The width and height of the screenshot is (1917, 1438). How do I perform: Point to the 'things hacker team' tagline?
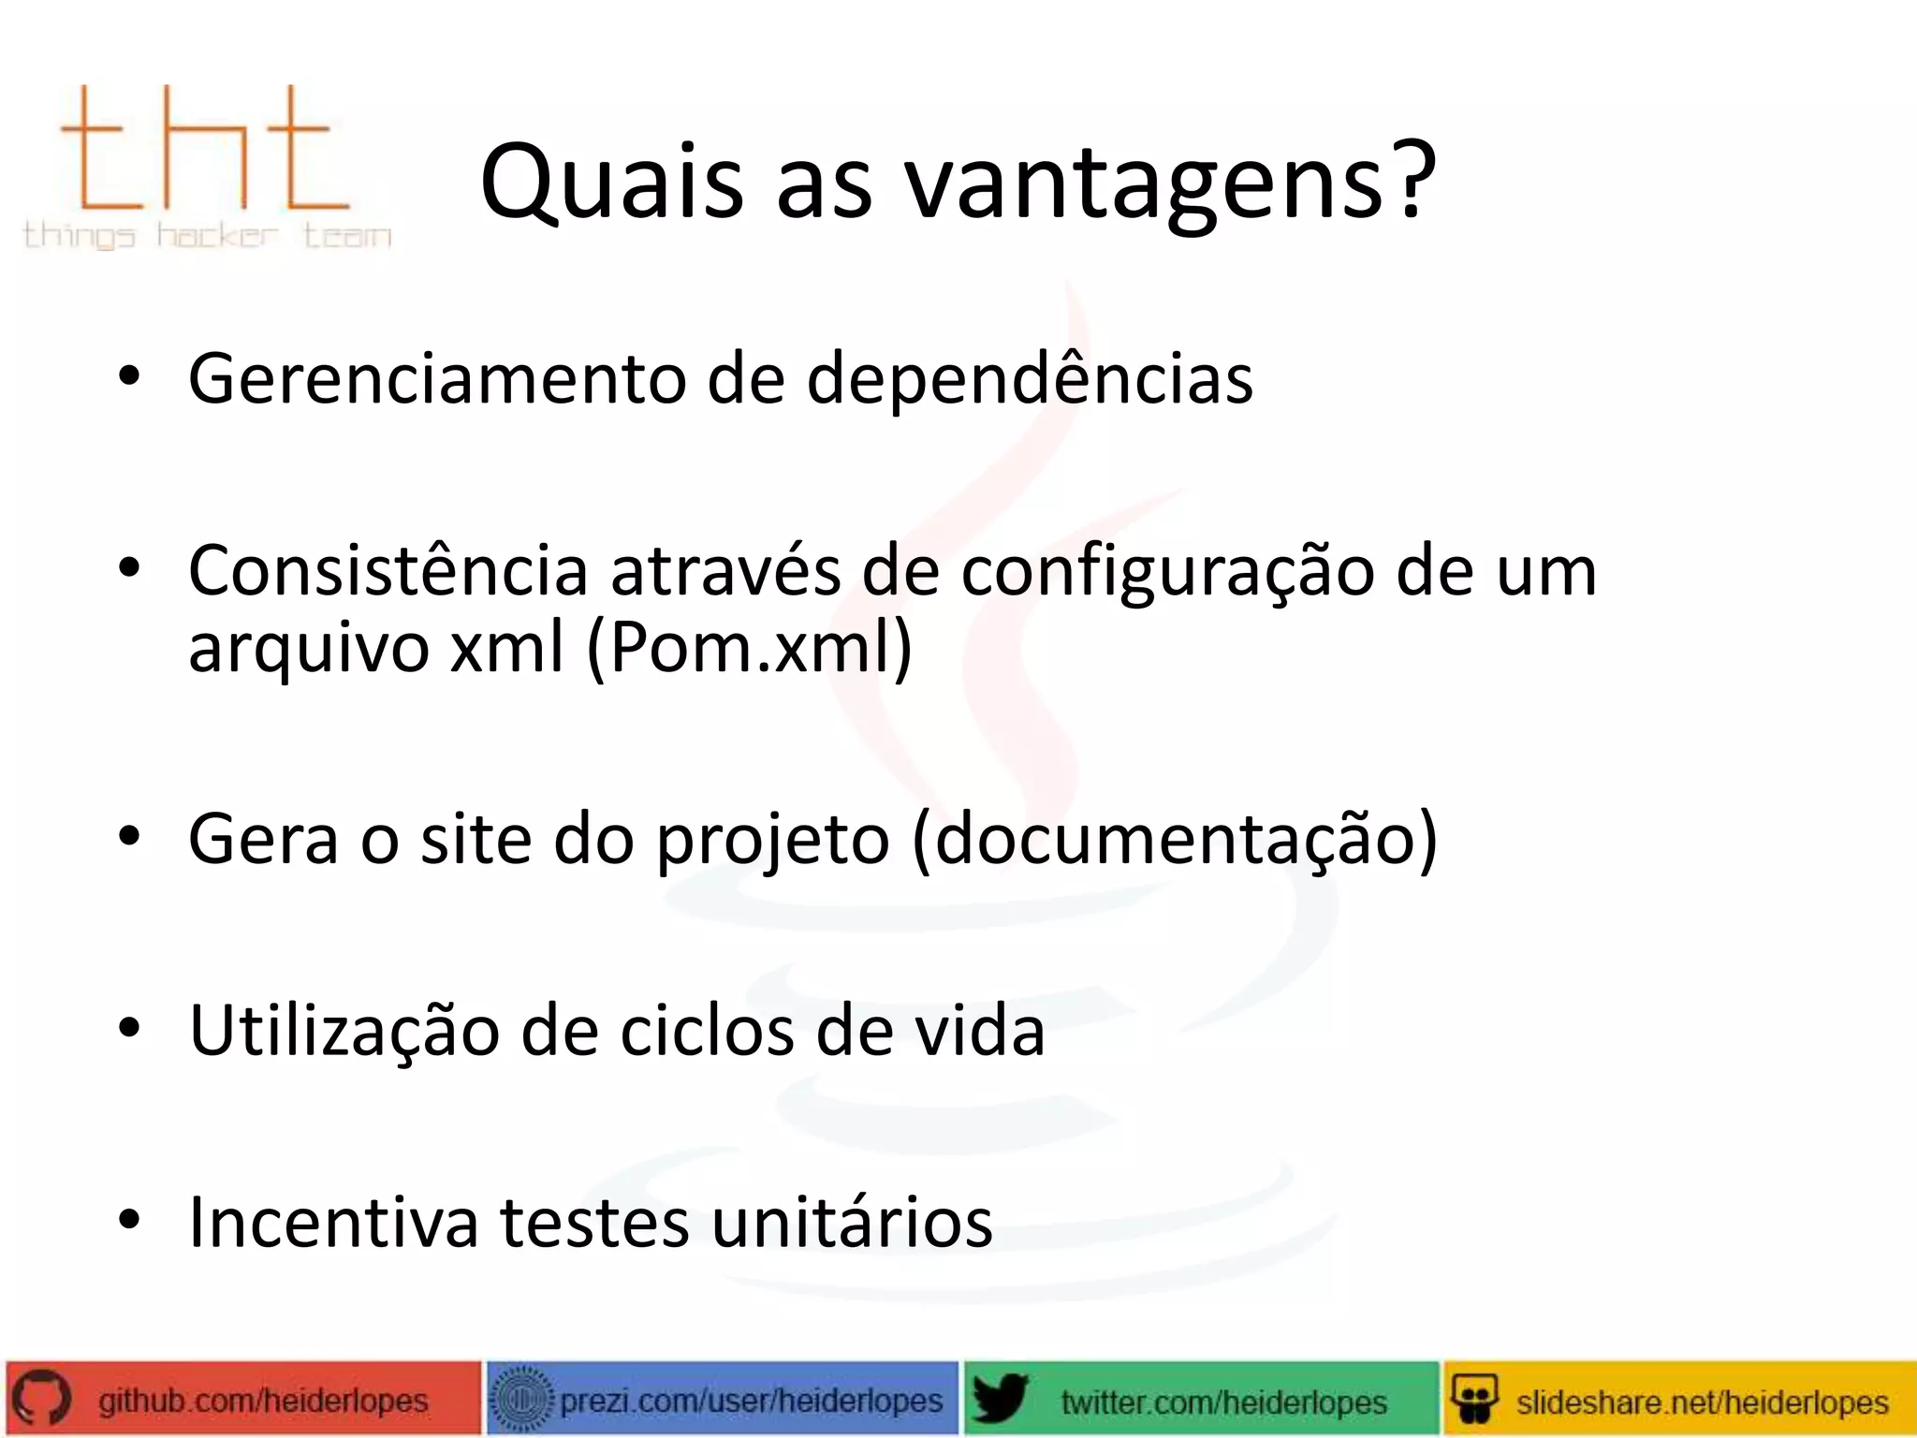point(207,234)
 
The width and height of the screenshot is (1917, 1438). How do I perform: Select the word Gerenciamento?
point(436,379)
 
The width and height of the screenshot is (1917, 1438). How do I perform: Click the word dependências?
point(1030,379)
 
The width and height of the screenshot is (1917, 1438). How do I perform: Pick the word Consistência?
point(388,571)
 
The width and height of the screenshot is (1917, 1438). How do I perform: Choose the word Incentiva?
point(333,1223)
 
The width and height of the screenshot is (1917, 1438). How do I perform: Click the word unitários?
point(852,1223)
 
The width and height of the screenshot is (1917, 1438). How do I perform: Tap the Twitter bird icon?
point(1000,1400)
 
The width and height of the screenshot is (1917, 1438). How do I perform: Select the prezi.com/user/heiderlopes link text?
point(752,1401)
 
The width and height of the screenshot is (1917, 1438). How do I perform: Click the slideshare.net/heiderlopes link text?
point(1702,1401)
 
